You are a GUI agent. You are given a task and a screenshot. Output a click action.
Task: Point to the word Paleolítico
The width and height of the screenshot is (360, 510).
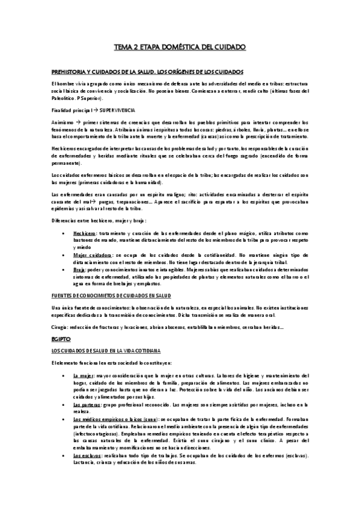click(65, 98)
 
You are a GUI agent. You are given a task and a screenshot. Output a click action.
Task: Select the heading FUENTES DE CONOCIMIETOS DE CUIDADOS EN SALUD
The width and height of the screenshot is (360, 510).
click(112, 296)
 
